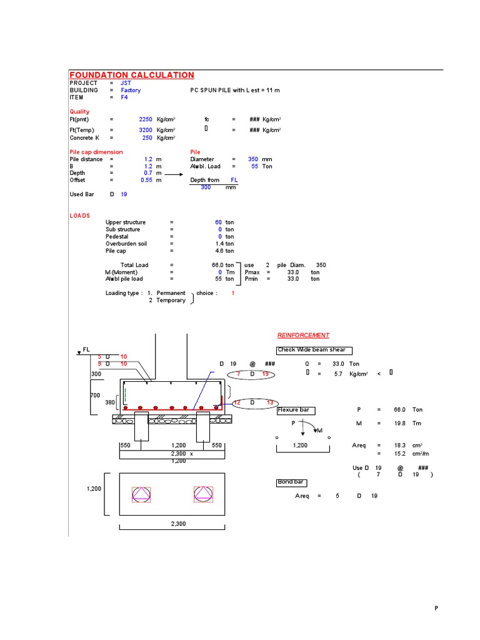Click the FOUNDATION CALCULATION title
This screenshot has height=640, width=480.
131,75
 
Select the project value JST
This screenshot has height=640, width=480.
126,82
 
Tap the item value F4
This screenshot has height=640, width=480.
124,97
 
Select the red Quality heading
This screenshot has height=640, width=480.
79,112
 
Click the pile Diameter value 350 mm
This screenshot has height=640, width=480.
253,159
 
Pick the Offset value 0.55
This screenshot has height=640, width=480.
147,180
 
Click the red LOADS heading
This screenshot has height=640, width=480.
79,216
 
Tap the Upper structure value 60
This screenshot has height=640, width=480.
218,222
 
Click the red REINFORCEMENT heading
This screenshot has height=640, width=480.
303,335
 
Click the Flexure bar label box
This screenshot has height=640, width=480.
296,410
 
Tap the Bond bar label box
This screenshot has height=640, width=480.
291,482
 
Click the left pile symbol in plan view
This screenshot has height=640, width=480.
141,495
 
